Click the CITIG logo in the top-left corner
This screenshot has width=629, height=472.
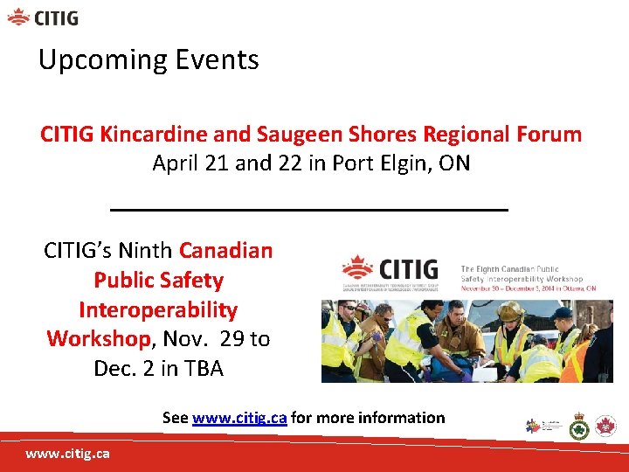(43, 17)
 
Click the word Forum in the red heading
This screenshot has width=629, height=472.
(548, 135)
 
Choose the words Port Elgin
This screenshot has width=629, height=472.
(380, 163)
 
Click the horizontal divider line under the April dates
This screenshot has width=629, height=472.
(309, 210)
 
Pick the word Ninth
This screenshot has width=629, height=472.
(145, 251)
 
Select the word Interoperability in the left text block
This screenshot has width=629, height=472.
(158, 310)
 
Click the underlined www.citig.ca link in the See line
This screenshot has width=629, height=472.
(238, 418)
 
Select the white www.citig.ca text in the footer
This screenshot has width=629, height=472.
(67, 454)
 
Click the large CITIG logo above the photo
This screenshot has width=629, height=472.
(401, 274)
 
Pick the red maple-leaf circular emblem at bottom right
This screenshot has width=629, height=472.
(605, 427)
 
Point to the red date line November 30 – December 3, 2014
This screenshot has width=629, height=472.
(528, 288)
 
